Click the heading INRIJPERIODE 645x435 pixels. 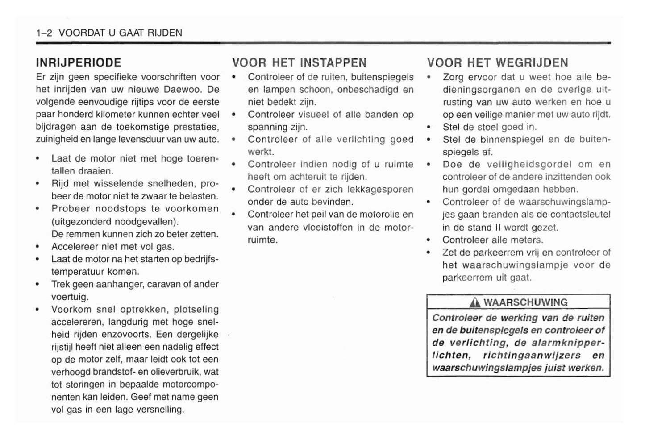[78, 62]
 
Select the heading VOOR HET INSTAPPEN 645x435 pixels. [299, 62]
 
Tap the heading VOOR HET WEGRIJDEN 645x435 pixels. [497, 62]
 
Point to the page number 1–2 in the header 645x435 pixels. [45, 33]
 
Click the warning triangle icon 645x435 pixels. [475, 303]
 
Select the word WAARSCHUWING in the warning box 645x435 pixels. [525, 302]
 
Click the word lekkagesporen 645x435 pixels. [380, 189]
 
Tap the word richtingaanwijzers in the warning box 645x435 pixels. [532, 356]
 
